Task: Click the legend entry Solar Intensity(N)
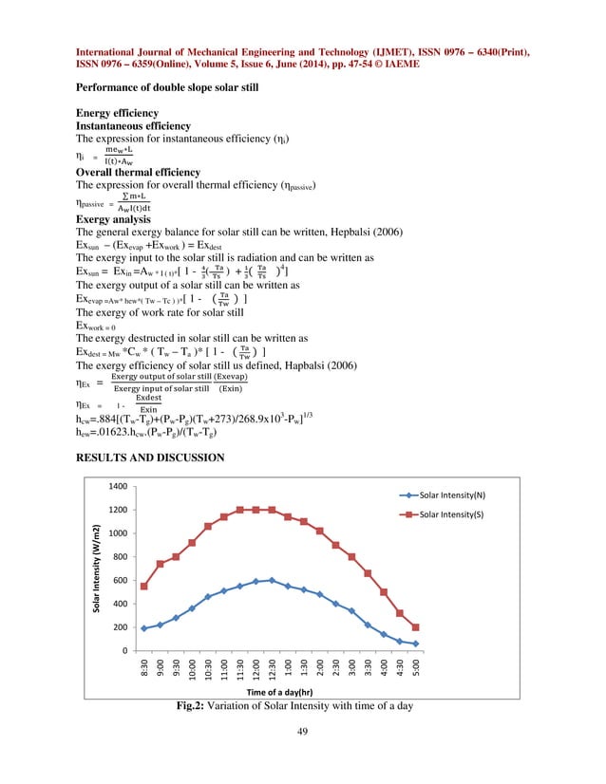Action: point(457,495)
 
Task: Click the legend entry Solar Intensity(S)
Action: point(457,513)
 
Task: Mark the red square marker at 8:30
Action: point(143,587)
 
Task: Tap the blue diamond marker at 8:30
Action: point(143,628)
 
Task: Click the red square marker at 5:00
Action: point(416,627)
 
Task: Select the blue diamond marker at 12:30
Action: point(272,580)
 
